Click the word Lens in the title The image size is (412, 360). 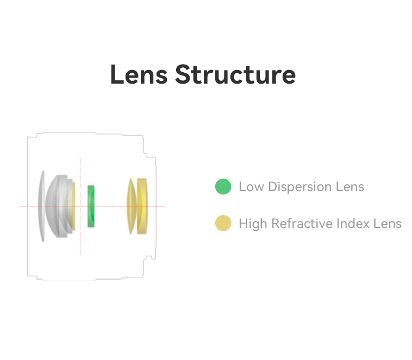tap(139, 74)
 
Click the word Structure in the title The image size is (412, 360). tap(235, 74)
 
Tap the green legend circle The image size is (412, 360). tap(223, 186)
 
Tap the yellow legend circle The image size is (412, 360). tap(223, 223)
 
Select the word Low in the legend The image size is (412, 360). tap(251, 187)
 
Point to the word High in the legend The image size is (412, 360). tap(253, 224)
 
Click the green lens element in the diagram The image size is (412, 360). tap(91, 206)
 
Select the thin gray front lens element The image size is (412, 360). tap(41, 206)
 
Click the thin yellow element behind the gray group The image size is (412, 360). tap(74, 206)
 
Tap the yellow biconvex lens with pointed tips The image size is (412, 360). tap(131, 206)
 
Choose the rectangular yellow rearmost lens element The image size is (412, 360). tap(142, 206)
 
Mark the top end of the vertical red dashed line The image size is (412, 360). tap(80, 158)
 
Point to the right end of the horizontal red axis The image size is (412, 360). tap(165, 206)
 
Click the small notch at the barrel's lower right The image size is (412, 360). tap(149, 258)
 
